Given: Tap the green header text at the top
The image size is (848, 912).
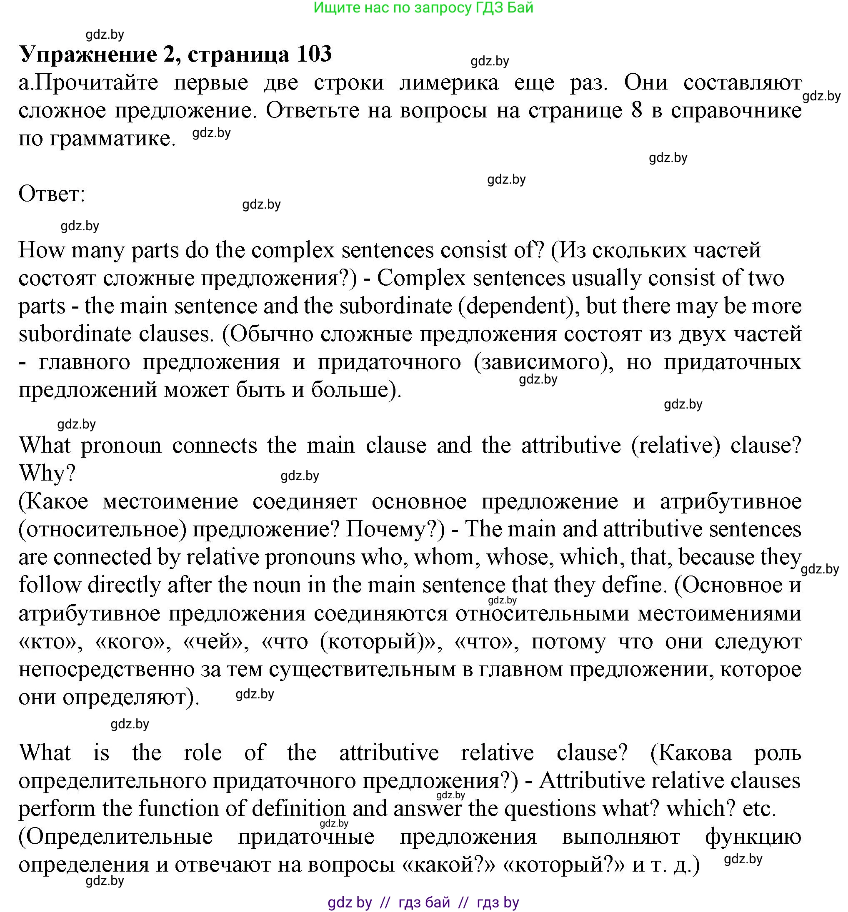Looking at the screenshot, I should click(x=423, y=7).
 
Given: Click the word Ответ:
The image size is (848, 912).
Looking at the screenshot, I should click(x=52, y=194).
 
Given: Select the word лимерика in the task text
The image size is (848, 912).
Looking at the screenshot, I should click(x=449, y=83).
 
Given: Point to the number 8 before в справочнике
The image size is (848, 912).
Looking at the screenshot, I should click(x=636, y=110).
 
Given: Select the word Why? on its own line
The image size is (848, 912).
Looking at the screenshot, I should click(x=47, y=473).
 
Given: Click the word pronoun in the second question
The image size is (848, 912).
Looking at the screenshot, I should click(x=121, y=445).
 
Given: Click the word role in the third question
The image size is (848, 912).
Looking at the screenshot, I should click(x=203, y=753).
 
